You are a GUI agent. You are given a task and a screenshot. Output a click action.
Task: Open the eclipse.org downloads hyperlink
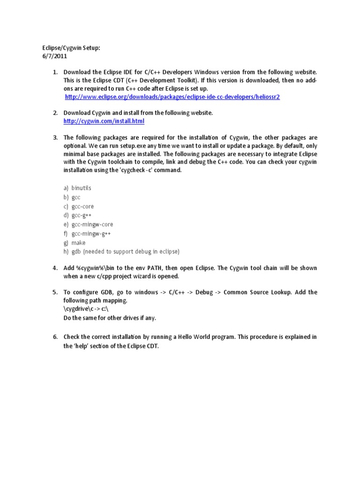[172, 97]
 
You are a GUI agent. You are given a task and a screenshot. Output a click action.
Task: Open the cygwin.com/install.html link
[104, 121]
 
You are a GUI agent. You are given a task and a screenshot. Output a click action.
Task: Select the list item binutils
[81, 188]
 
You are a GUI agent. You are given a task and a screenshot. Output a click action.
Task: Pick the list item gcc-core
[82, 206]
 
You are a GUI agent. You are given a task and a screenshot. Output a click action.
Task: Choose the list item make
[78, 243]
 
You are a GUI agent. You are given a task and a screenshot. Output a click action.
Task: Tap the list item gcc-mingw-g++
[91, 233]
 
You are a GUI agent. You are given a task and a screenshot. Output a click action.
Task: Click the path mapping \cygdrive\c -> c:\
[87, 309]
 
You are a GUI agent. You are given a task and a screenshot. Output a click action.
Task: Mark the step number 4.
[54, 268]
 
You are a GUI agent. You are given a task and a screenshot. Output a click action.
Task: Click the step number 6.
[54, 337]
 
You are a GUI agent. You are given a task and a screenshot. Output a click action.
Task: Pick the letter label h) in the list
[66, 252]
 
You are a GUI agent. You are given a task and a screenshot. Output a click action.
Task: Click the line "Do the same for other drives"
[109, 318]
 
